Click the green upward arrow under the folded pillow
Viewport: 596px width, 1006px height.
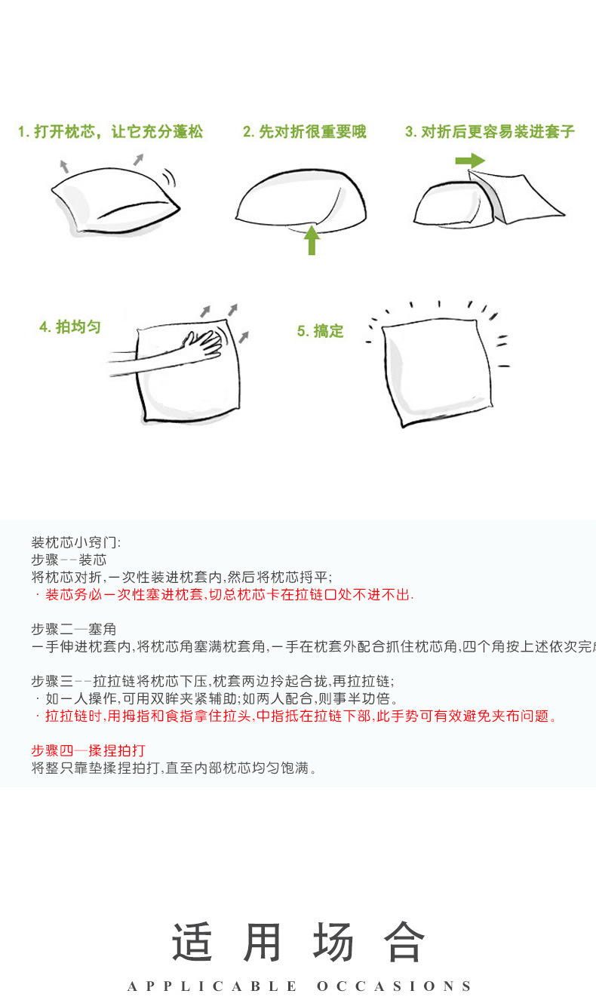click(312, 241)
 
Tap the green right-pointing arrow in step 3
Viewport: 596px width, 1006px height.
click(470, 161)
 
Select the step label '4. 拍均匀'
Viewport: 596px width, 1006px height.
click(69, 327)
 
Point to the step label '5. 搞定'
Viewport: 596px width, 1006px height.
click(320, 331)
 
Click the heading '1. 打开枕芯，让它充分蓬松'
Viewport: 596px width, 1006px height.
click(110, 131)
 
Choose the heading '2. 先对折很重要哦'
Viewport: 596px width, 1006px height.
click(305, 131)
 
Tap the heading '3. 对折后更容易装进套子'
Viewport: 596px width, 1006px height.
click(490, 131)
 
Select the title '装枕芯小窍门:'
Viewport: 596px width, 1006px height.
click(76, 542)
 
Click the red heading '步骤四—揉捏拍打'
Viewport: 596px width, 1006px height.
click(88, 750)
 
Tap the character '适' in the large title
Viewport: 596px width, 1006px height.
click(192, 941)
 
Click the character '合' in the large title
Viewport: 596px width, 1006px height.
click(404, 941)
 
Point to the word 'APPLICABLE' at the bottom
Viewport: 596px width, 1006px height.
click(212, 986)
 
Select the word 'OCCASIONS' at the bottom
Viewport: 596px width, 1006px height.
click(394, 986)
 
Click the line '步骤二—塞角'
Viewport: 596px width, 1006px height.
click(74, 629)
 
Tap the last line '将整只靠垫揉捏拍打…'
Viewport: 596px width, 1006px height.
click(174, 768)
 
